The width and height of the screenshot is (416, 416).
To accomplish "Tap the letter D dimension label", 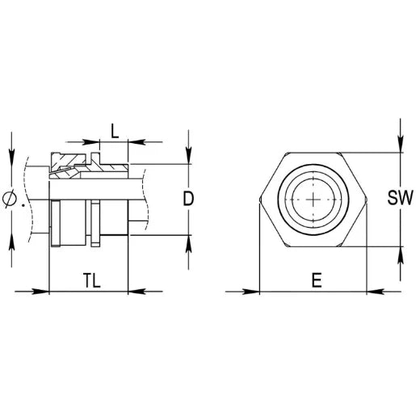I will coord(187,199).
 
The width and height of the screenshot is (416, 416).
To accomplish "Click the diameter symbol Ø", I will coord(11,199).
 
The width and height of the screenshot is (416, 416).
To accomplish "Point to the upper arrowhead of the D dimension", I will coord(187,158).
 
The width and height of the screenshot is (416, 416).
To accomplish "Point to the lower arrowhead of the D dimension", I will coord(187,241).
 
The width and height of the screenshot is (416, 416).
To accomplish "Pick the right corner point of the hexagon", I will coord(368,199).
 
